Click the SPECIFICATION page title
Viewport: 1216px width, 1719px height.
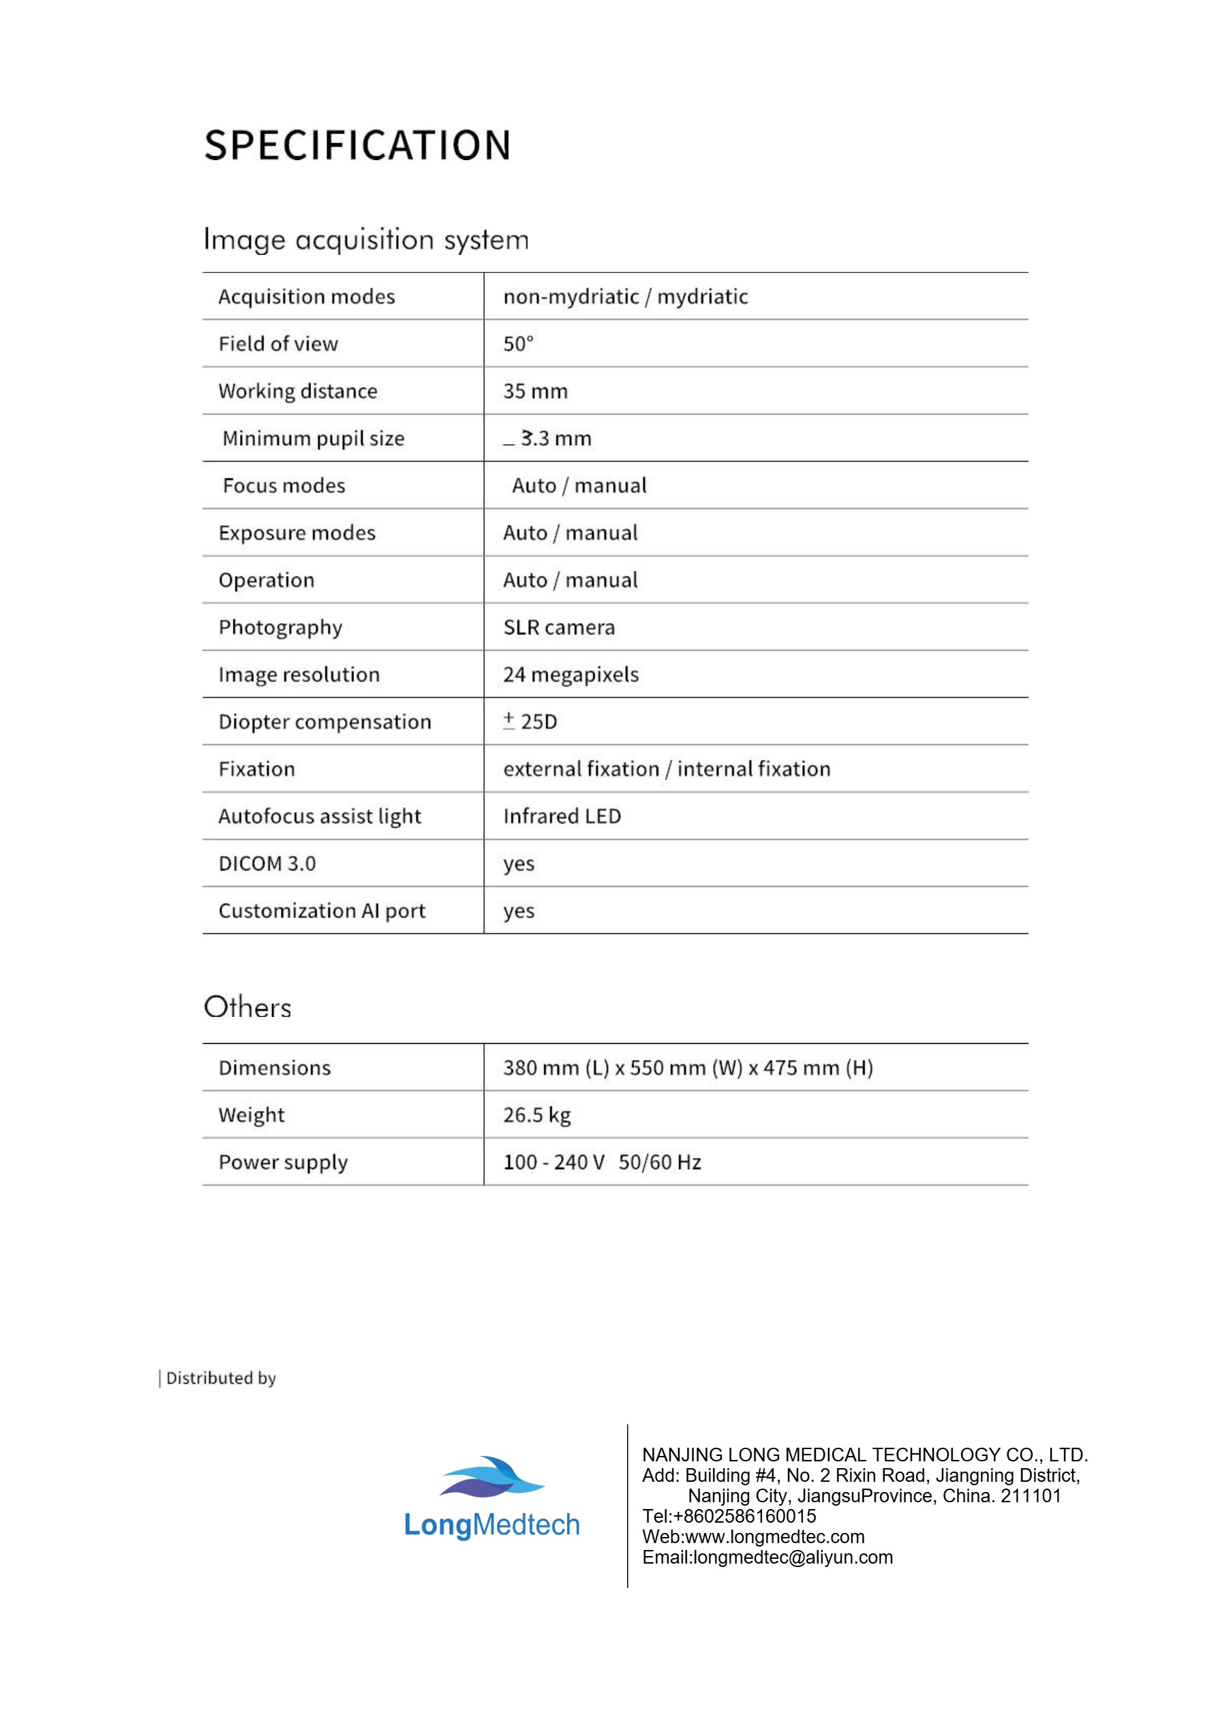click(357, 145)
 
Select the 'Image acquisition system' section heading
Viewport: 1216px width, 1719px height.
click(366, 239)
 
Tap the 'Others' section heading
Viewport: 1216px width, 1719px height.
click(247, 1007)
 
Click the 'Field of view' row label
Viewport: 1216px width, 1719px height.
click(278, 344)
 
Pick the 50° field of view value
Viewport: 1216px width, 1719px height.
click(518, 344)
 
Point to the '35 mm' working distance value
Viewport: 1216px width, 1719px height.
click(535, 391)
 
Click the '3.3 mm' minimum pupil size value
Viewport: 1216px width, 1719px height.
click(556, 438)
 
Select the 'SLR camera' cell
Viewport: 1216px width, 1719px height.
click(558, 627)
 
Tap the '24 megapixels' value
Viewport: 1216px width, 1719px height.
click(571, 675)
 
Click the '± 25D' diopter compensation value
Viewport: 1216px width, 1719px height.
click(530, 722)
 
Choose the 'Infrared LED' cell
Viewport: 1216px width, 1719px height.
click(562, 816)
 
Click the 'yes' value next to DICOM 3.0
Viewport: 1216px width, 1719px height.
click(518, 864)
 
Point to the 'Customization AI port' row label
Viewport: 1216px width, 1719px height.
click(321, 911)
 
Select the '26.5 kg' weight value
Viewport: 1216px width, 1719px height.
click(537, 1115)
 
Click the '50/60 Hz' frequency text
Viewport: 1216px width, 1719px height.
click(660, 1162)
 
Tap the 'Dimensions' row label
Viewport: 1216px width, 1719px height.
click(274, 1067)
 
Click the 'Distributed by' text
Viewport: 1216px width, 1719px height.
click(221, 1378)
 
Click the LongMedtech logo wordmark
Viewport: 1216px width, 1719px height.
click(492, 1525)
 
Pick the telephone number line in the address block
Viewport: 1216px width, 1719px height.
click(729, 1516)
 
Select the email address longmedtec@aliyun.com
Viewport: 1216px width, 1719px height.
click(767, 1557)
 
